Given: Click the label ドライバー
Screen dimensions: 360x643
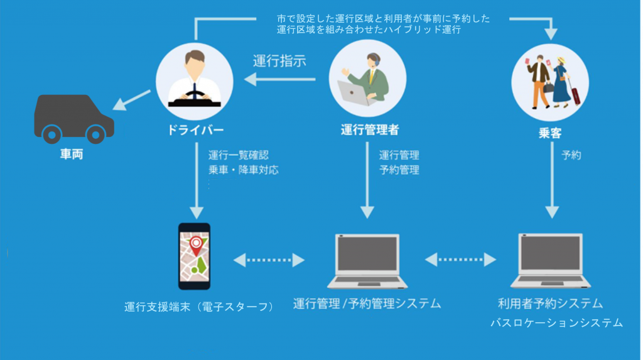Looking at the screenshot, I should click(x=194, y=130).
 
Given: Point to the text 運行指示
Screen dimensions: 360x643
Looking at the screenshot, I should click(x=279, y=62).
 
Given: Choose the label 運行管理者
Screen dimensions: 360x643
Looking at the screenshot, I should click(x=369, y=130).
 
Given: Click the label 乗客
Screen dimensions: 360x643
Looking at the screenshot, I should click(x=549, y=133).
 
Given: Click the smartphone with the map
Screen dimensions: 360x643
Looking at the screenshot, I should click(x=194, y=256).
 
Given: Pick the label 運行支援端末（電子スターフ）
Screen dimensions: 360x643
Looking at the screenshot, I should click(x=199, y=307).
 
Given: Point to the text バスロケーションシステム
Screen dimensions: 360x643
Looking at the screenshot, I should click(x=556, y=323).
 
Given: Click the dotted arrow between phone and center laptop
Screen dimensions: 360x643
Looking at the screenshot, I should click(x=269, y=259).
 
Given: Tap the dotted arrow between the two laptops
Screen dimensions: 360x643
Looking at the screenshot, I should click(x=461, y=258).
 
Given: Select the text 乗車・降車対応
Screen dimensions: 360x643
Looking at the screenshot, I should click(x=243, y=170).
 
